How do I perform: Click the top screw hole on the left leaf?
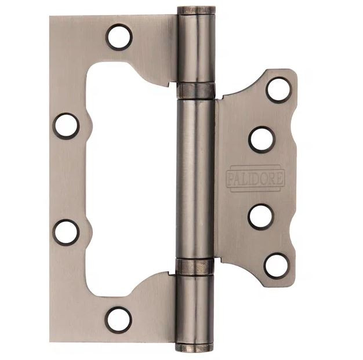[x=119, y=37]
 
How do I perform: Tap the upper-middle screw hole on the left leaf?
[x=66, y=126]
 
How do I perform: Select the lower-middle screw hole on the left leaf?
[x=66, y=232]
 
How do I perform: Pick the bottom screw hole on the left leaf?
[x=118, y=320]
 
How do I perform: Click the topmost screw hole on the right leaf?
[x=278, y=90]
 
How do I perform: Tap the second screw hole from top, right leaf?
[x=262, y=140]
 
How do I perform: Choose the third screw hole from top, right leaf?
[x=261, y=216]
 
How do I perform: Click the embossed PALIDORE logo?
[x=255, y=179]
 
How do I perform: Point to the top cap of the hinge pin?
[x=197, y=10]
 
